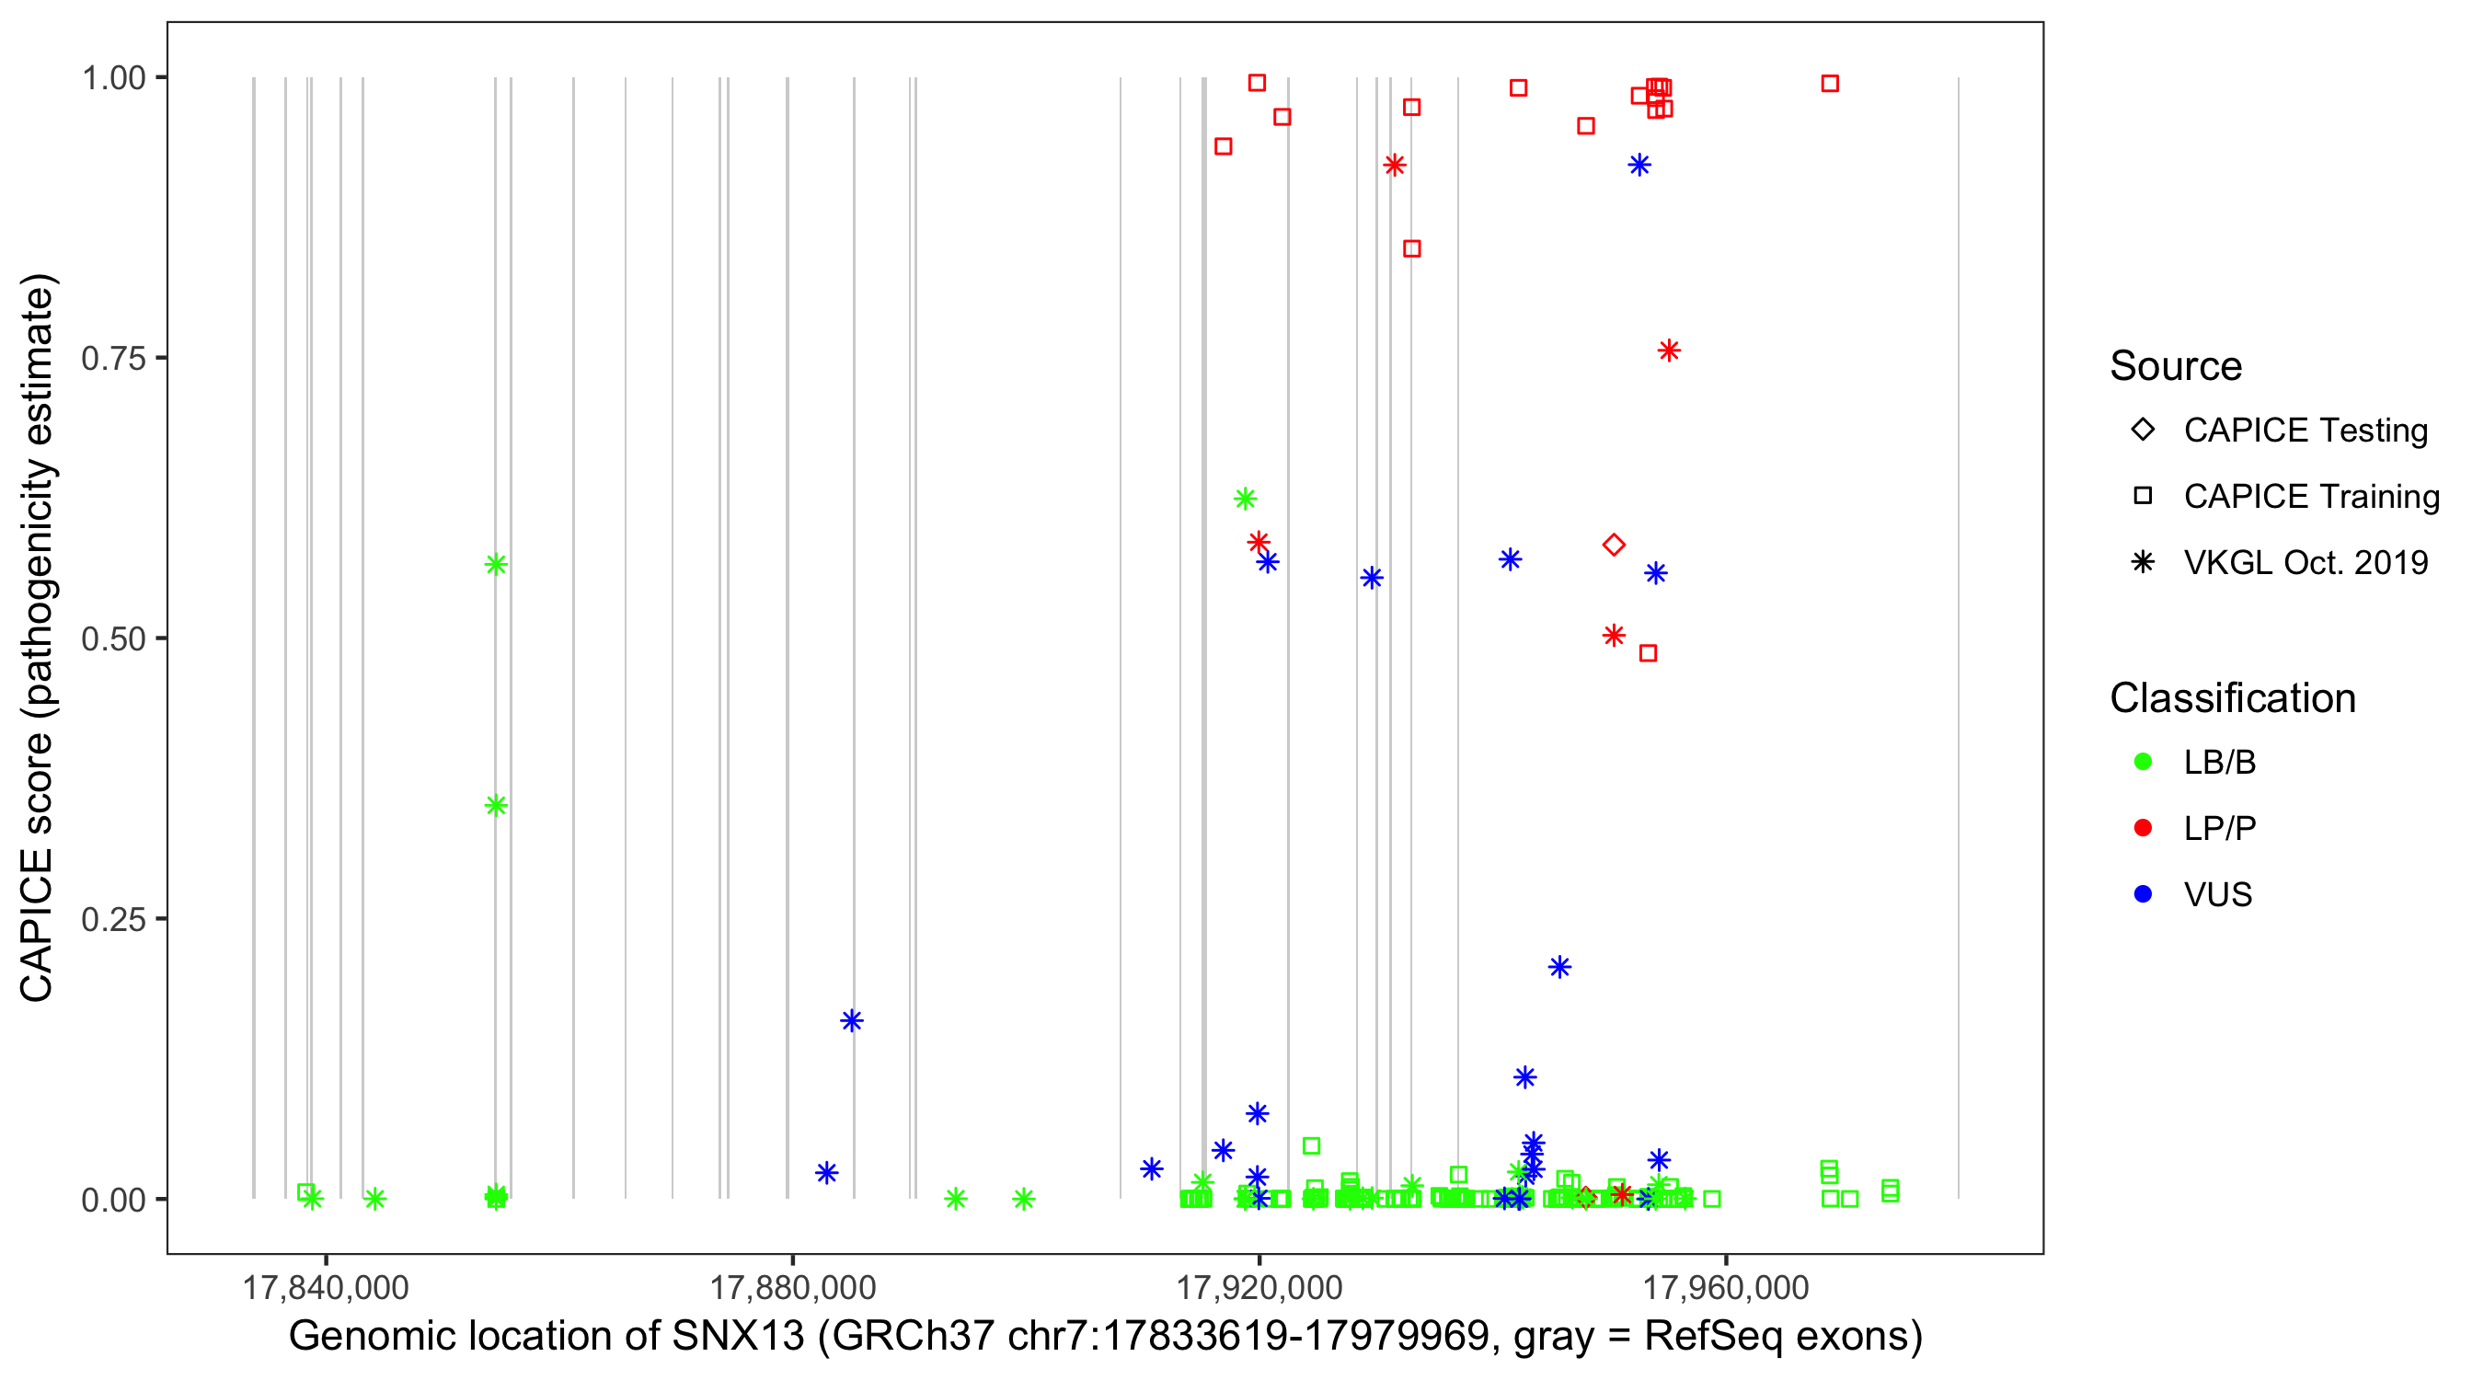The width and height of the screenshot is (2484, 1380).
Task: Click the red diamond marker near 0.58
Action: click(x=1614, y=545)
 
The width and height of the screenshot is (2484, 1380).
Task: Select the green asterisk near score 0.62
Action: click(x=1245, y=499)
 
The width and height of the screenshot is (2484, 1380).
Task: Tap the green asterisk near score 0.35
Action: click(x=496, y=805)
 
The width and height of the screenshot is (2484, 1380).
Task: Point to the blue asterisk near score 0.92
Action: click(x=1639, y=165)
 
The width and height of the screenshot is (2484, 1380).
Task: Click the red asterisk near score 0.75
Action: click(x=1669, y=351)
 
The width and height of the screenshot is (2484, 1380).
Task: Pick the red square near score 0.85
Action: click(x=1411, y=248)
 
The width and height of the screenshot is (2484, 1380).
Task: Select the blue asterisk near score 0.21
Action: click(x=1559, y=967)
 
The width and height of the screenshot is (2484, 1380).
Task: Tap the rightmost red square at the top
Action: click(x=1829, y=84)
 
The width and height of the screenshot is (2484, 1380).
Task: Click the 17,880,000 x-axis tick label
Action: click(x=793, y=1287)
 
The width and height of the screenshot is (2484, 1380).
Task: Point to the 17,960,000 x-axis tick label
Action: click(x=1725, y=1287)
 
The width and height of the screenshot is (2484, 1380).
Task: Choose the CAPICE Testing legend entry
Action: click(x=2305, y=431)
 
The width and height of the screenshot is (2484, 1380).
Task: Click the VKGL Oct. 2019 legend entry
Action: click(x=2305, y=562)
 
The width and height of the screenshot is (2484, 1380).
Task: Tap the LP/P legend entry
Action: click(x=2219, y=828)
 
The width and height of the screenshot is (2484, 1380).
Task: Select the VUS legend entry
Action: click(x=2217, y=895)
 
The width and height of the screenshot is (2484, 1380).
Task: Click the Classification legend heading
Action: click(x=2232, y=698)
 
